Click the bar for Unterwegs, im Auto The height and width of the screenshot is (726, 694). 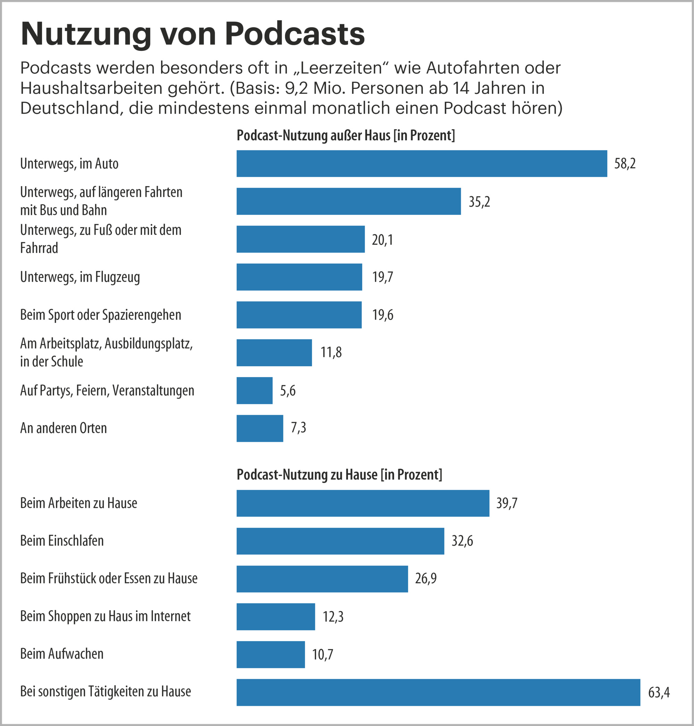[x=422, y=163]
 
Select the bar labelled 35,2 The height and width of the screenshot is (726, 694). [x=348, y=201]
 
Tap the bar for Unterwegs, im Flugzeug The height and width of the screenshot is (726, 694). [x=299, y=277]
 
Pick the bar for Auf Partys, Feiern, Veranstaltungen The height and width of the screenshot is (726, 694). [x=254, y=391]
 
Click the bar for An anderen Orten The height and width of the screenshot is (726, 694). [x=260, y=428]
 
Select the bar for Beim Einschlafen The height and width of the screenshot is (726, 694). [x=340, y=541]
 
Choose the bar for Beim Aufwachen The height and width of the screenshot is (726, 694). [x=271, y=654]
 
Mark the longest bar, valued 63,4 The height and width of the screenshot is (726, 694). [x=438, y=692]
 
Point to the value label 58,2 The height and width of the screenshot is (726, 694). [x=625, y=164]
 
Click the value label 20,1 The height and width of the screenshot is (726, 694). [x=382, y=240]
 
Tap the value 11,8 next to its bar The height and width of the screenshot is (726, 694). [x=331, y=352]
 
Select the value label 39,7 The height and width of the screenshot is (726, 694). [x=506, y=503]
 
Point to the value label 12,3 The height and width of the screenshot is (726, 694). [x=333, y=616]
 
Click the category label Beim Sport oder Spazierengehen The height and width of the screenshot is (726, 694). [x=101, y=315]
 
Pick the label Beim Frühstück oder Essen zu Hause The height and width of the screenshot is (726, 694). [x=109, y=578]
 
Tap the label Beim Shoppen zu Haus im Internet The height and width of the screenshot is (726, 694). [x=105, y=616]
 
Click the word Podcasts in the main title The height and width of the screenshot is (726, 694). [x=295, y=34]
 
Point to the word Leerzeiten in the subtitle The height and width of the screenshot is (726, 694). [x=341, y=68]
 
